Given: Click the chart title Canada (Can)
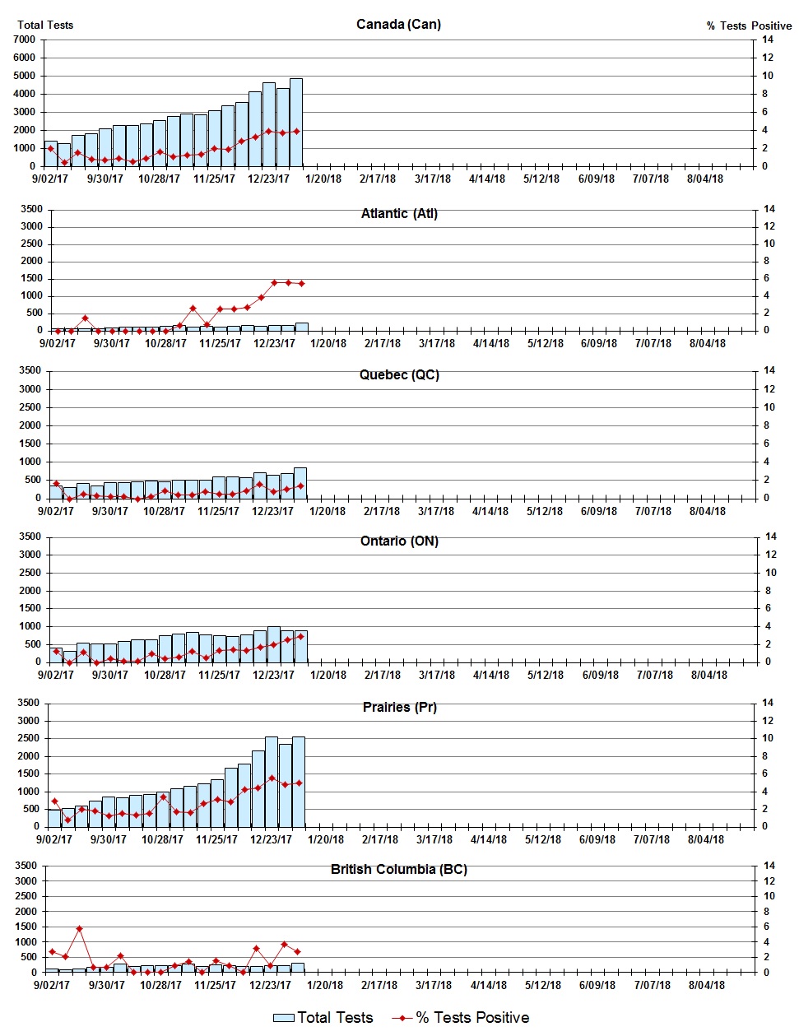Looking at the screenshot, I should point(398,24).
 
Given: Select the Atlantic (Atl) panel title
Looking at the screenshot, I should point(399,213).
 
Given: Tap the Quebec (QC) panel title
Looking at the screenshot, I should point(399,374).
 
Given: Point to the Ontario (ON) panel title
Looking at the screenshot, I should point(399,541).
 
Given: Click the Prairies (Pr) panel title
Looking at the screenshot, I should point(399,707).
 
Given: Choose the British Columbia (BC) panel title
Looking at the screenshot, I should point(398,869).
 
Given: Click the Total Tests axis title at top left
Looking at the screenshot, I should point(45,25).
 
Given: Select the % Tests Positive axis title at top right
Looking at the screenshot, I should point(749,26).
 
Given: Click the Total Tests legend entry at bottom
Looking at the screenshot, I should point(323,1018).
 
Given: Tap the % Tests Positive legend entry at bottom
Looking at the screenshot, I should point(461,1018).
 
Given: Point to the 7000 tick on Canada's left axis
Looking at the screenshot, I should point(24,39).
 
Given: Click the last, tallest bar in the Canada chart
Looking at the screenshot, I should point(296,123).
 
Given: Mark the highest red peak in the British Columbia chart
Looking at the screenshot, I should point(80,928).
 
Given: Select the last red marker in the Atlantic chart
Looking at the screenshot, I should point(301,284).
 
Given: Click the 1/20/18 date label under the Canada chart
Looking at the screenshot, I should point(323,179).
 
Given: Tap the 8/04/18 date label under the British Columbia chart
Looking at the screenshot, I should point(706,985).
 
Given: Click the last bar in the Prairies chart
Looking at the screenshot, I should point(299,782).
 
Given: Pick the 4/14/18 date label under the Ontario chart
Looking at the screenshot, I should point(491,675).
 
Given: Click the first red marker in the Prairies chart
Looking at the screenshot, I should point(54,801).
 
